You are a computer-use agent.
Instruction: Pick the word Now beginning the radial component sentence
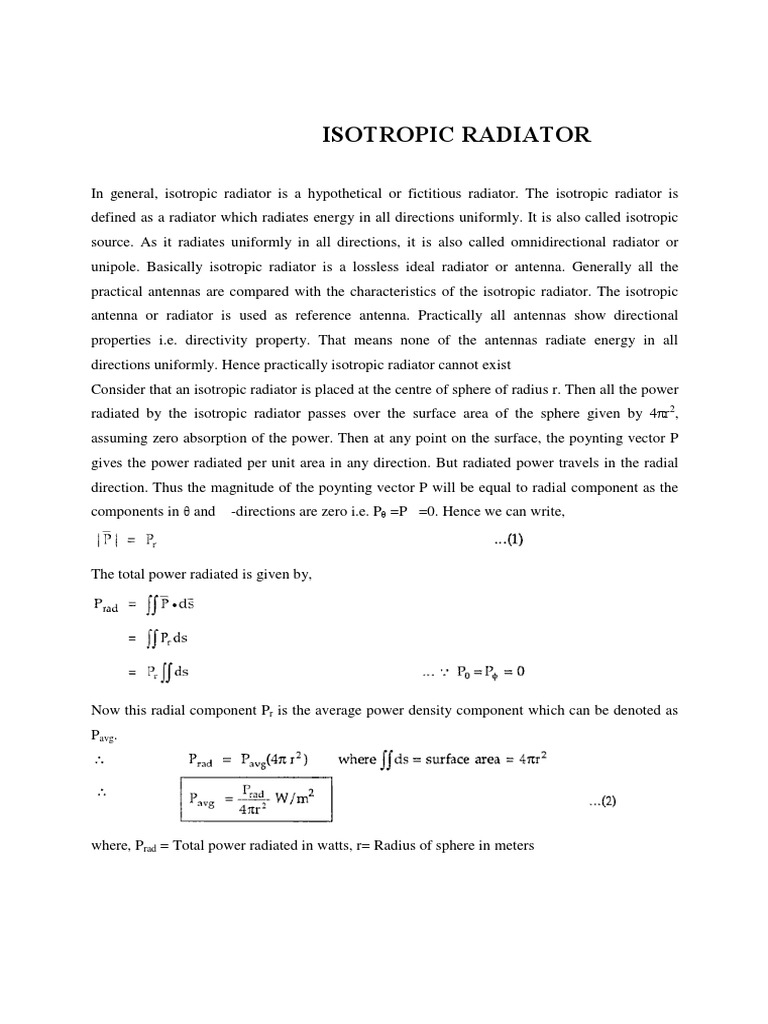click(107, 710)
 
